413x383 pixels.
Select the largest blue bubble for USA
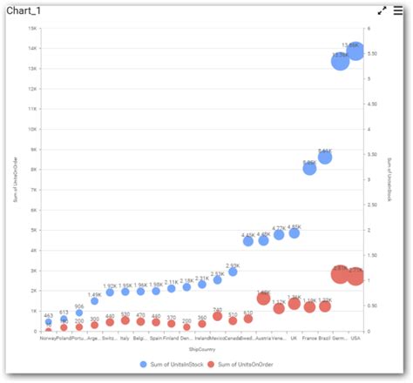[355, 52]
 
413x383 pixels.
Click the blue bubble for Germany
[340, 60]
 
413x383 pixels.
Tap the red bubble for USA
[355, 276]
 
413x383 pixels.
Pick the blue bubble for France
[309, 168]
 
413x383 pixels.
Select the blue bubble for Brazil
[325, 157]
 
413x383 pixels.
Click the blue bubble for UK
[295, 233]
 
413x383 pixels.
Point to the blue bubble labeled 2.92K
[233, 272]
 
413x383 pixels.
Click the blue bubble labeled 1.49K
[94, 300]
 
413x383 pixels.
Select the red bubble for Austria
[263, 299]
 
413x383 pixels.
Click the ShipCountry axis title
[201, 350]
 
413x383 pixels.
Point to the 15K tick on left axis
[32, 27]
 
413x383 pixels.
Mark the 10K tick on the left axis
[32, 129]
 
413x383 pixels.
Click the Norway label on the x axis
[49, 339]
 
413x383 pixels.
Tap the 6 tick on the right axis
[370, 27]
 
